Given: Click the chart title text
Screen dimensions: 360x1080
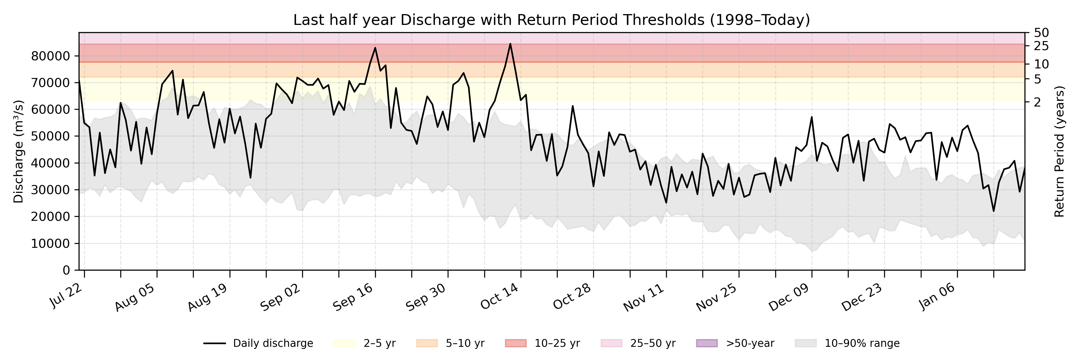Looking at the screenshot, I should pos(551,20).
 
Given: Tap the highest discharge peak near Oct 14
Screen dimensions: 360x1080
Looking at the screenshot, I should pos(510,43).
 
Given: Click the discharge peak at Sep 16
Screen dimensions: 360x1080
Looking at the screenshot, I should pos(375,48).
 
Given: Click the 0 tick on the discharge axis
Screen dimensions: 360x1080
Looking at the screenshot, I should pos(66,270).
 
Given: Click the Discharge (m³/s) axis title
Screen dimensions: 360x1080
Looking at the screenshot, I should pos(18,152).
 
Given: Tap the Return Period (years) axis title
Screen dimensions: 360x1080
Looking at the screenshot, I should pos(1060,152).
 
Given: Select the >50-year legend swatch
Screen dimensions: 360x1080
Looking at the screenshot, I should pos(706,343).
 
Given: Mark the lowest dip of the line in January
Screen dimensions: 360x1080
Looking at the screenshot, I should pos(993,211).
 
